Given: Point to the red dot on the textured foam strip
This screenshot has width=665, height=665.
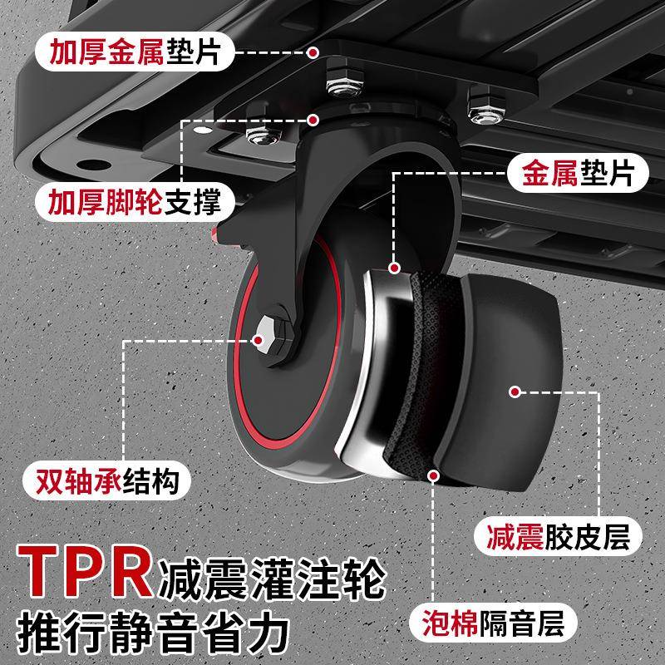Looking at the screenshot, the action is pos(432,475).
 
